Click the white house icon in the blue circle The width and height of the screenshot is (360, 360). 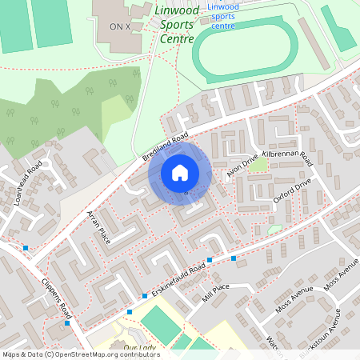coord(180,173)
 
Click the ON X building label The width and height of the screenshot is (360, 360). coord(120,26)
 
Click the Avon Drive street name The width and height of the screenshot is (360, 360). coord(243,162)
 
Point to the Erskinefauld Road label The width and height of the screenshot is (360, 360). coord(177,280)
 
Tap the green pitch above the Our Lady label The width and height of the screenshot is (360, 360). coord(160,322)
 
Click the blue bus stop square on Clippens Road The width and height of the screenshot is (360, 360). coord(68,323)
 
